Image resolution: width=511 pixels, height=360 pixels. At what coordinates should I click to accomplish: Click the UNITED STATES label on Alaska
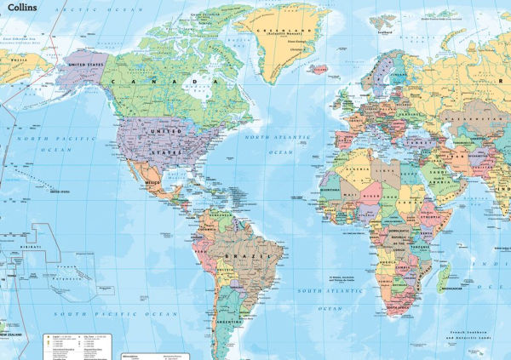(x=87, y=64)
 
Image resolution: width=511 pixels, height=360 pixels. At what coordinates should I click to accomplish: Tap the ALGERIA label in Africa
(x=356, y=169)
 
